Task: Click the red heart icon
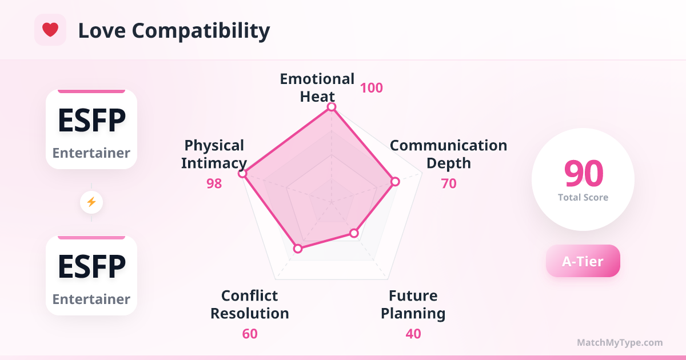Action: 50,30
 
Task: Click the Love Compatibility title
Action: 174,31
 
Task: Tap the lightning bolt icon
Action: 91,202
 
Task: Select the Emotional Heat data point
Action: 332,107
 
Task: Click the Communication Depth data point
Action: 395,182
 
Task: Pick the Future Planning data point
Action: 354,233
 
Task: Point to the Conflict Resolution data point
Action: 298,249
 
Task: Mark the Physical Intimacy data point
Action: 242,174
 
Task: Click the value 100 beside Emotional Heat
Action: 372,88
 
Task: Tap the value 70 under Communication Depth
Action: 449,183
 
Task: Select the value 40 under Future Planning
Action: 413,334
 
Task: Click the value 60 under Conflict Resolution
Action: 250,334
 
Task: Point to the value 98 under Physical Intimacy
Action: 214,183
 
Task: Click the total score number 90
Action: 584,173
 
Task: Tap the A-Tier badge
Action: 583,261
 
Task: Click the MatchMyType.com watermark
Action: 620,342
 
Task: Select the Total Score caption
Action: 583,198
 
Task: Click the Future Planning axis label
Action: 413,305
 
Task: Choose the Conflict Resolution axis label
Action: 250,305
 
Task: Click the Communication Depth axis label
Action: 449,154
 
